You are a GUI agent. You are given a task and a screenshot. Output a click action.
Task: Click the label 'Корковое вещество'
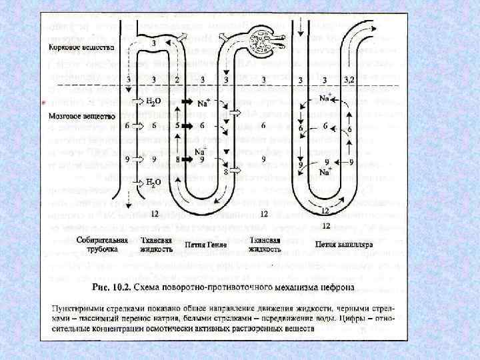pos(81,49)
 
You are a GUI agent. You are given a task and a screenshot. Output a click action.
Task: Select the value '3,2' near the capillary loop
pos(349,80)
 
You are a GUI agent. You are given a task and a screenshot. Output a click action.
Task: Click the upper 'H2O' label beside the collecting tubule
pos(153,102)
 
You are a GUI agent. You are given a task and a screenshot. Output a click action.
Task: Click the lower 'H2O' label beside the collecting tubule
pos(153,181)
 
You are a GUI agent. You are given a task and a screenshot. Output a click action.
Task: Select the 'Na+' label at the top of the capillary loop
pos(325,98)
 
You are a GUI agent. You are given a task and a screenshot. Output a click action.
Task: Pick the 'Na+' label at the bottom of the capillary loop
pos(325,171)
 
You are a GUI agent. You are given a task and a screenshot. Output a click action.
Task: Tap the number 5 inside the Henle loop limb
pos(177,125)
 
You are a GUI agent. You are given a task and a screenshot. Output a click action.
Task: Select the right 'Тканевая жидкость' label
pos(265,244)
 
